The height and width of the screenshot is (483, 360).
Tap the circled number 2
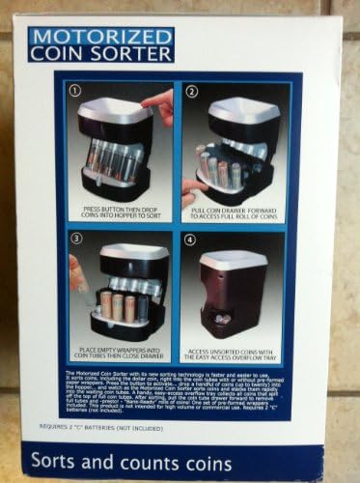[x=191, y=92]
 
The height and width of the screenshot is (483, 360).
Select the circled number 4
[x=191, y=238]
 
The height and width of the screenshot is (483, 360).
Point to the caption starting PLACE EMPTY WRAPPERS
[x=120, y=354]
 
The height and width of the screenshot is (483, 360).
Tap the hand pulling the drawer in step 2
[x=191, y=191]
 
